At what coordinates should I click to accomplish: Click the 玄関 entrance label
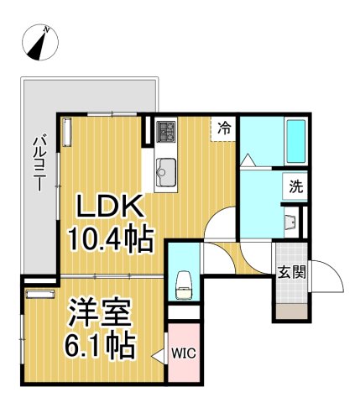[x=291, y=271]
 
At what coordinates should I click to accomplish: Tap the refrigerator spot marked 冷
[x=224, y=129]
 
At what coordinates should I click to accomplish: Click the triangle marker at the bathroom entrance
[x=248, y=159]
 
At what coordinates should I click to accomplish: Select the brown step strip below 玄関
[x=291, y=313]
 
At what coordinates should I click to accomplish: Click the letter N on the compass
[x=50, y=31]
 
